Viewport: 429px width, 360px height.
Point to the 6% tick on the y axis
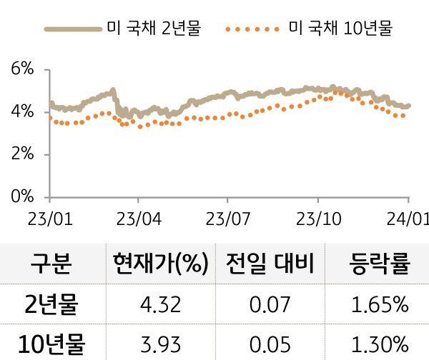pyautogui.click(x=22, y=69)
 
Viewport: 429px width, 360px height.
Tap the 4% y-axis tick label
pyautogui.click(x=22, y=112)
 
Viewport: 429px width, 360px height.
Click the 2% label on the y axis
pyautogui.click(x=22, y=154)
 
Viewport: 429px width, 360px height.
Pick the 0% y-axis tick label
pyautogui.click(x=22, y=196)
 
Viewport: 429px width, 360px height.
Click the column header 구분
pyautogui.click(x=50, y=265)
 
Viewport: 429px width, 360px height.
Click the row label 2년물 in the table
pyautogui.click(x=50, y=306)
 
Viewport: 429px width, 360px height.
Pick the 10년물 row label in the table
pyautogui.click(x=50, y=344)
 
